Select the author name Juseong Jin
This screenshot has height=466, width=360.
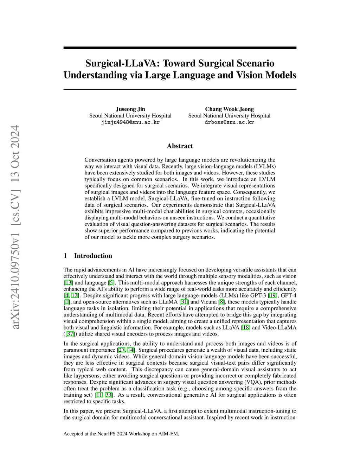coord(130,109)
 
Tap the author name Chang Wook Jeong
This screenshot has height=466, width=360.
coord(229,109)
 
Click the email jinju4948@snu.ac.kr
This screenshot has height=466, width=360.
coord(130,122)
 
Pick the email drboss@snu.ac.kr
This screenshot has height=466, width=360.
coord(229,122)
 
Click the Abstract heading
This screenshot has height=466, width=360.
coord(180,146)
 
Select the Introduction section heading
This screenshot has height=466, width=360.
coord(93,256)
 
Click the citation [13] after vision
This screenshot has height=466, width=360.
coord(68,283)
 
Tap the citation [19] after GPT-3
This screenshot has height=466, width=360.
coord(272,295)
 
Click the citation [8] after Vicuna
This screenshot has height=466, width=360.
coord(221,302)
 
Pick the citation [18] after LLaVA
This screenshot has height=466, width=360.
coord(245,327)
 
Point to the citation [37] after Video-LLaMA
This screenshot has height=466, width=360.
coord(70,334)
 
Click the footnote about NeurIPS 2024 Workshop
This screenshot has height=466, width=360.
coord(121,434)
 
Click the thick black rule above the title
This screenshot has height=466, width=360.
coord(180,48)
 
